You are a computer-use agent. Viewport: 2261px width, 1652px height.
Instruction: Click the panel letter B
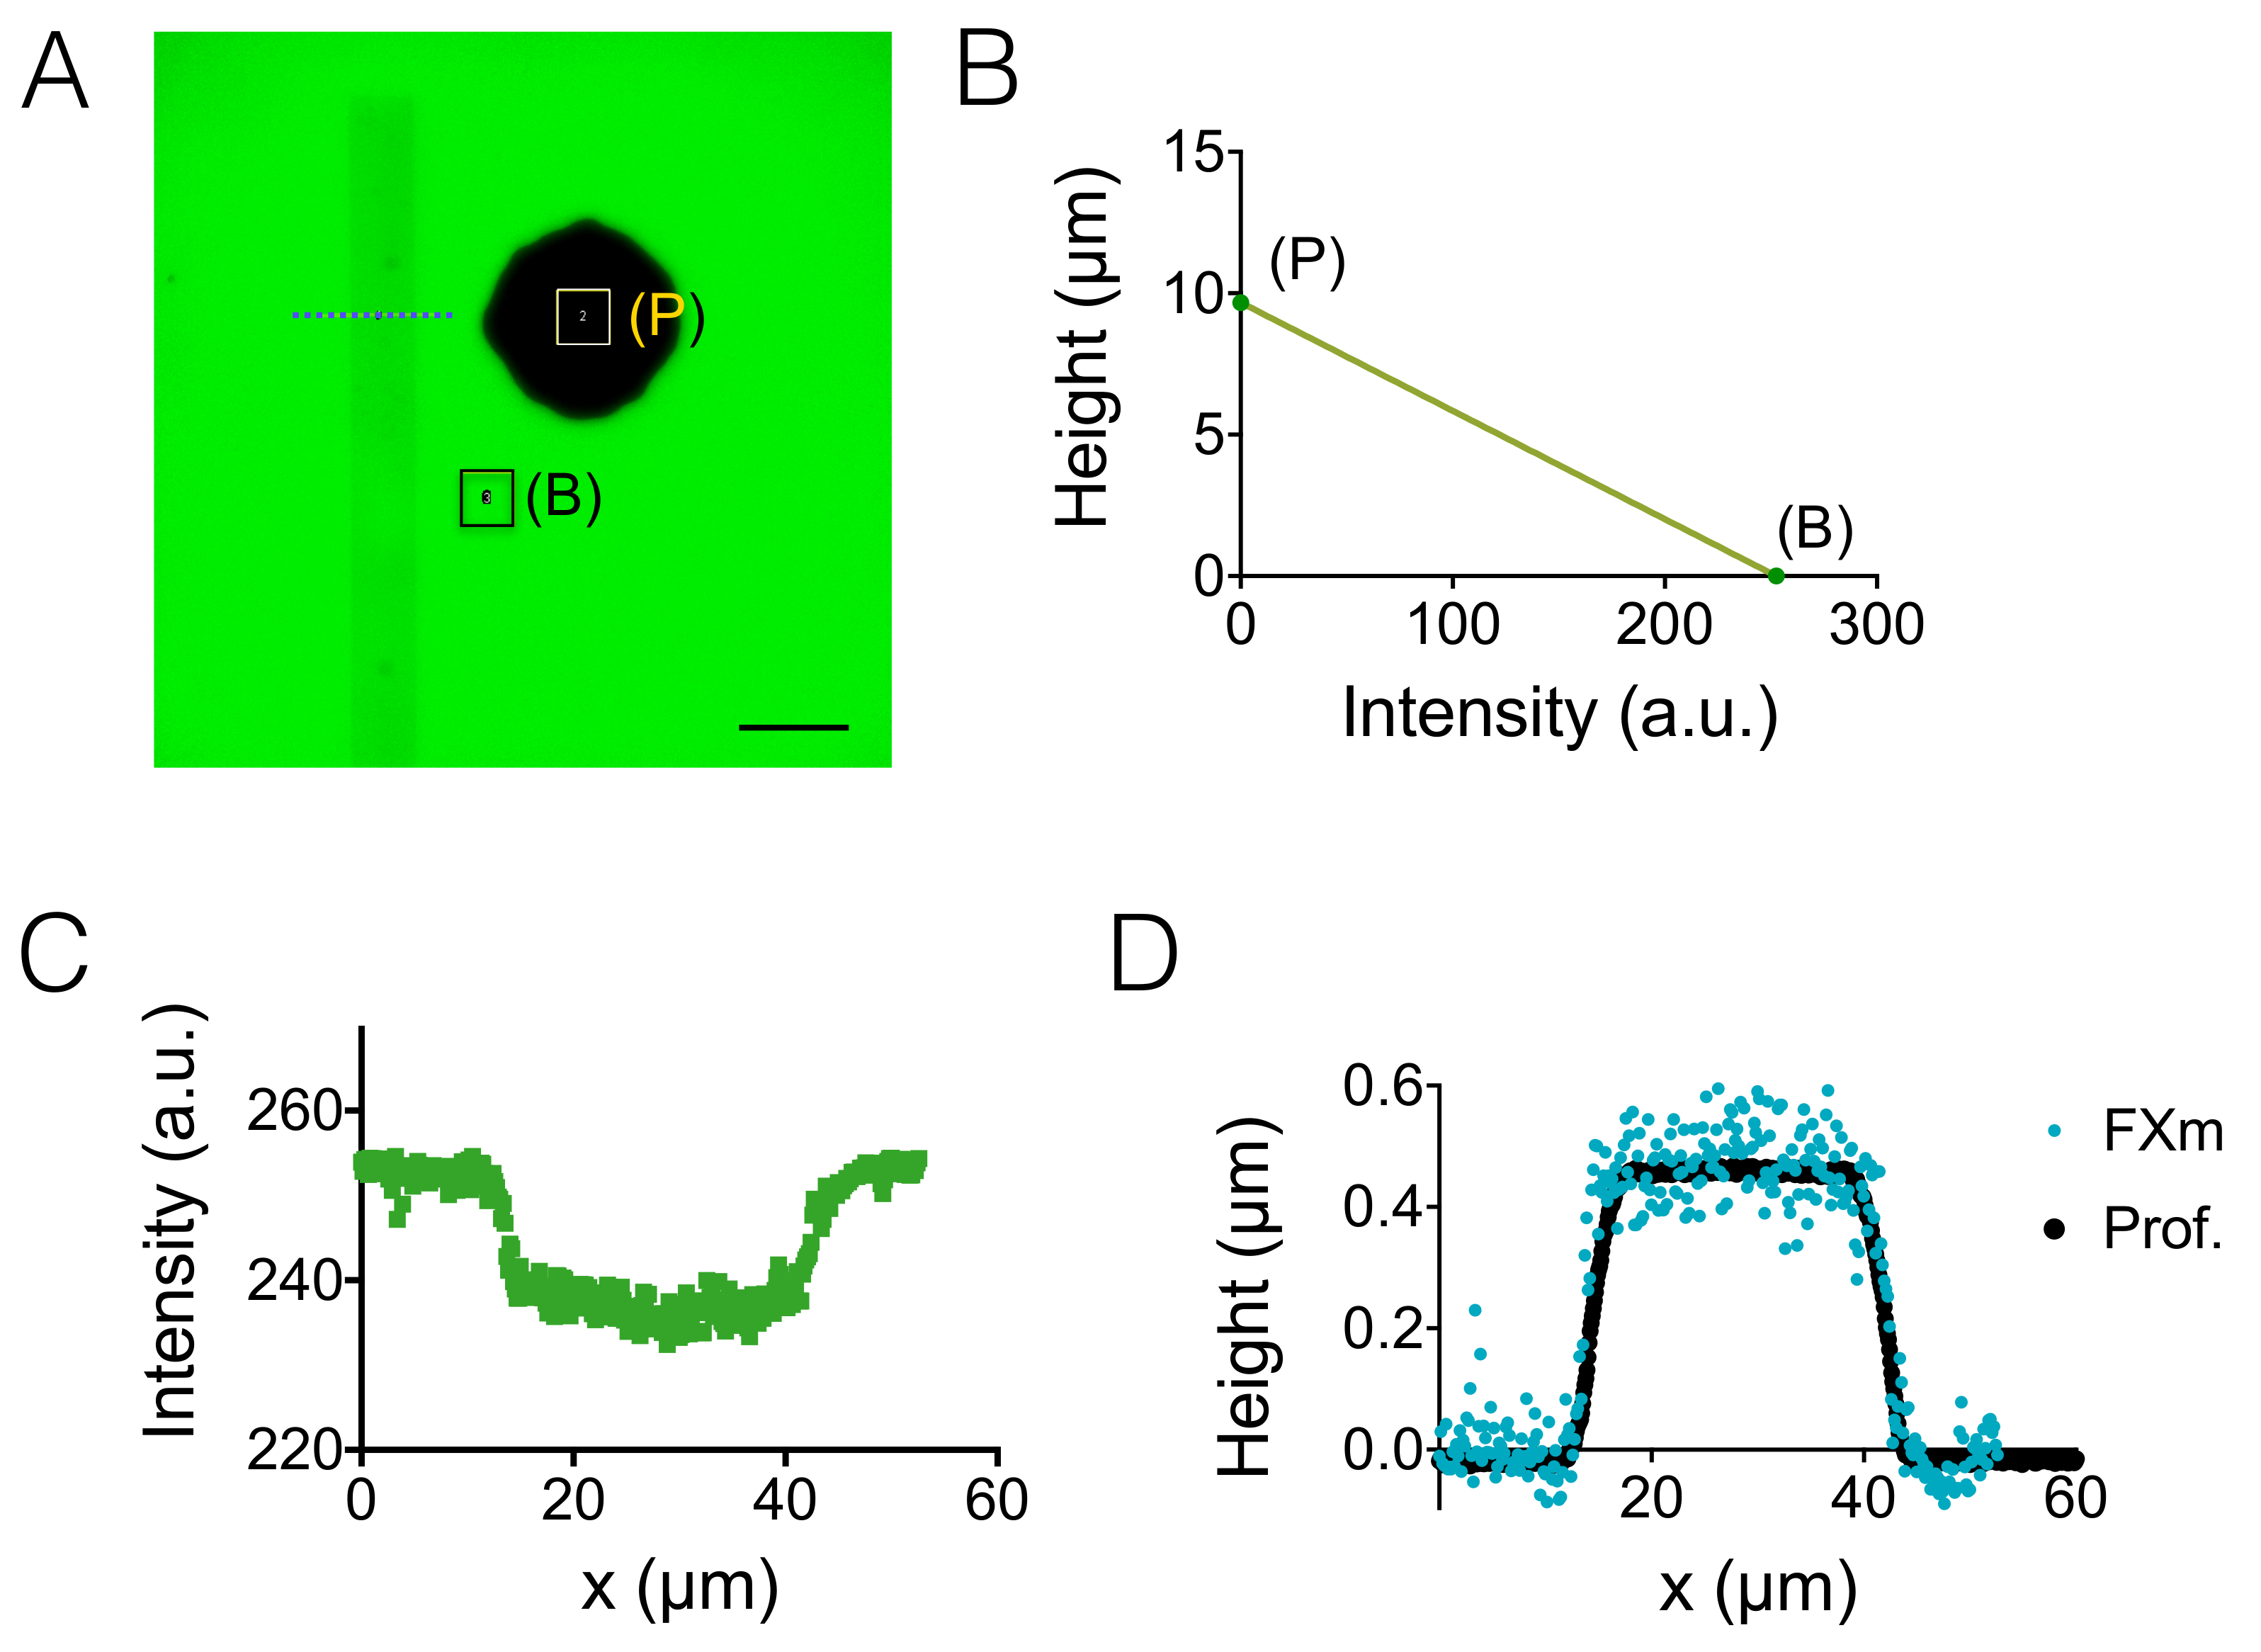(987, 70)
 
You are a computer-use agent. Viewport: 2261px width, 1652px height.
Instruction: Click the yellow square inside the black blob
(583, 316)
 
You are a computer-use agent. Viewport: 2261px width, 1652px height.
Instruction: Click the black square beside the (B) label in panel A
(487, 497)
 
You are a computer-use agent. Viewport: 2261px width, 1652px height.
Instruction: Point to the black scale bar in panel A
(793, 727)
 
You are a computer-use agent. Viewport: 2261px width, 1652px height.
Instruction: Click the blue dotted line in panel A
(372, 315)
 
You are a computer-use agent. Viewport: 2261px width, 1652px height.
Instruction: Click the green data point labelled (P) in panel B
(1240, 302)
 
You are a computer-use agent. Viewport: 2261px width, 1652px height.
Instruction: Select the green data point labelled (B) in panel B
(1775, 575)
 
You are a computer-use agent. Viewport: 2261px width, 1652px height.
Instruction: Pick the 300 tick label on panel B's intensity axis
(1876, 625)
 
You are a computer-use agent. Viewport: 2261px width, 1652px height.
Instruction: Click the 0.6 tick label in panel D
(1382, 1085)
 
